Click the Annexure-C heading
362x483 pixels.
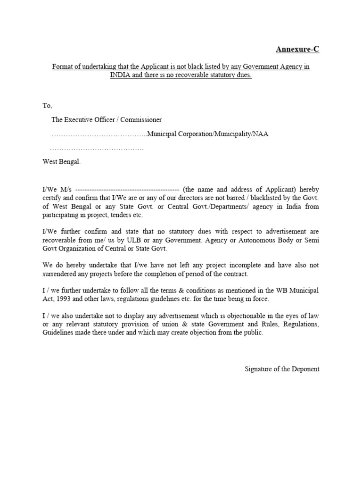297,49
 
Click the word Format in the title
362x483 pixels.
62,67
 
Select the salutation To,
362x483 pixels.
48,106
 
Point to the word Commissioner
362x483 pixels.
141,120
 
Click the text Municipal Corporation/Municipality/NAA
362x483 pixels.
208,134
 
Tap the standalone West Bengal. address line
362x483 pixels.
62,161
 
